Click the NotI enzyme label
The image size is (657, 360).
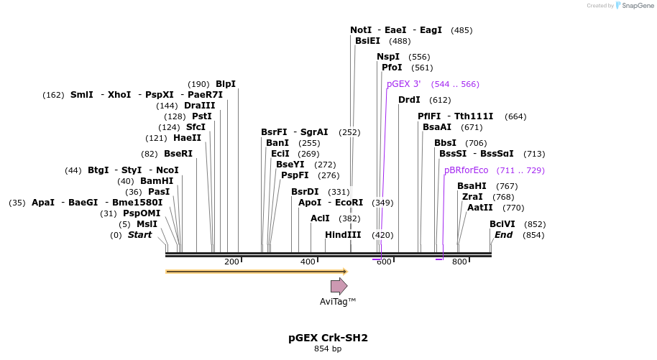[x=361, y=30]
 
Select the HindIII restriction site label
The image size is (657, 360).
[x=343, y=235]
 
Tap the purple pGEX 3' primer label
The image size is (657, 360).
[x=403, y=84]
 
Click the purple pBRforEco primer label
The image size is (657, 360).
[x=466, y=170]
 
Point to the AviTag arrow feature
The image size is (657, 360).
[x=339, y=286]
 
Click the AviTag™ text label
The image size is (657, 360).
[x=338, y=302]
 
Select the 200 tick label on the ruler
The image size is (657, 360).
[x=231, y=262]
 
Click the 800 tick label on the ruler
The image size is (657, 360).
[x=459, y=262]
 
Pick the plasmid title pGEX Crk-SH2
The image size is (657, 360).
[x=328, y=337]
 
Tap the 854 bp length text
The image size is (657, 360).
[x=328, y=349]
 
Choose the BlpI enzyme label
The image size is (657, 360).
[x=226, y=84]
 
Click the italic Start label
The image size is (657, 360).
[x=140, y=235]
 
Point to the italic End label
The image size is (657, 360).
[x=503, y=235]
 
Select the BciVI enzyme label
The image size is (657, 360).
[x=502, y=224]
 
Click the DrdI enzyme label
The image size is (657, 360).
[x=409, y=100]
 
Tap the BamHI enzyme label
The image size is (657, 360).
[x=157, y=181]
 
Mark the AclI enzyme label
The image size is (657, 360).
[x=320, y=218]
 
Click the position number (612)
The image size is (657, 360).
[x=440, y=100]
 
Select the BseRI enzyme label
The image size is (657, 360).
[x=178, y=154]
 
